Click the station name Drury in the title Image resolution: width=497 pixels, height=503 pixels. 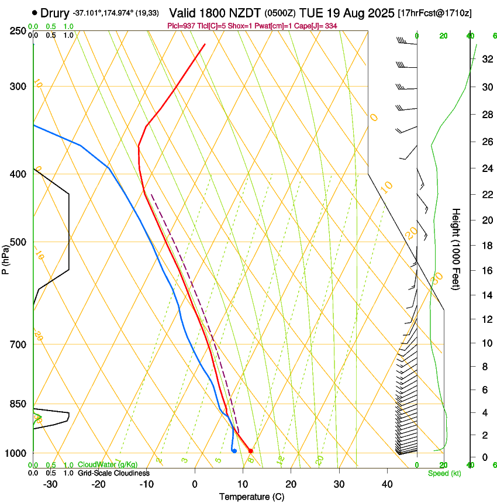point(55,13)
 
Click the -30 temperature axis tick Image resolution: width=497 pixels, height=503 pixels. point(51,484)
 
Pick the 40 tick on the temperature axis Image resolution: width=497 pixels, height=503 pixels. point(387,484)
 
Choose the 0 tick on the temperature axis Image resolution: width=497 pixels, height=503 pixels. point(195,484)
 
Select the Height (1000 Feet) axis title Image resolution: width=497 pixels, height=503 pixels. point(456,249)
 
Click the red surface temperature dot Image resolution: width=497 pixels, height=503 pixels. point(250,450)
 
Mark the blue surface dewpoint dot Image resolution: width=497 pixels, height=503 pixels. point(234,450)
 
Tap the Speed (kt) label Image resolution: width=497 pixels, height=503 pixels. point(444,473)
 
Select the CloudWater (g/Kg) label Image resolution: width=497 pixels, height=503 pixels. point(108,465)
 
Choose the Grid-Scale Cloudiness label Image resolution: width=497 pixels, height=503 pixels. point(113,473)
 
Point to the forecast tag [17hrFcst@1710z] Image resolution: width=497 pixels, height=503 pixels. point(434,13)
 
